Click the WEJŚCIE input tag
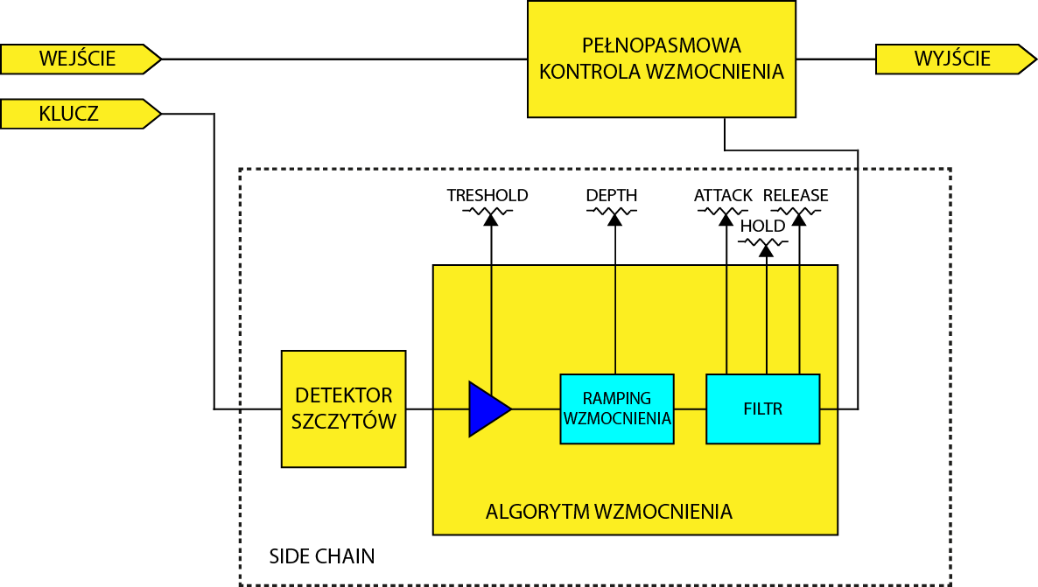coord(79,59)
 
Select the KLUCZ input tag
coord(79,114)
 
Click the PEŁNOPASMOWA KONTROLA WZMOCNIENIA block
coord(662,59)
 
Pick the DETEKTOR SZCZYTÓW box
coord(343,409)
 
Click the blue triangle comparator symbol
coord(487,409)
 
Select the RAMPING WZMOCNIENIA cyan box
coord(617,409)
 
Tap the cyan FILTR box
coord(762,409)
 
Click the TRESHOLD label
coord(487,195)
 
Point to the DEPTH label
coord(612,195)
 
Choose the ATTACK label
coord(723,195)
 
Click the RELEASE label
coord(796,195)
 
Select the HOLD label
coord(762,226)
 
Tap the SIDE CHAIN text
coord(321,556)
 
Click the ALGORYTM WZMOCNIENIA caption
coord(608,512)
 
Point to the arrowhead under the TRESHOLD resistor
coord(491,220)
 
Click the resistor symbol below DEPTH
coord(614,211)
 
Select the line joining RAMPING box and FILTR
coord(690,409)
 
